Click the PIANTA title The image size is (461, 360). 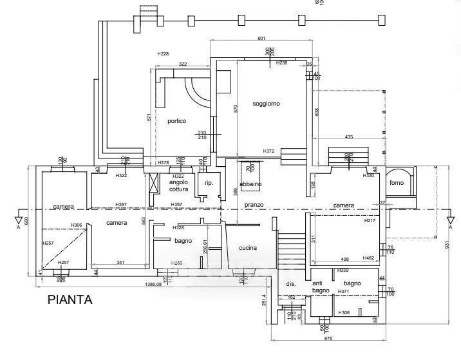pos(70,299)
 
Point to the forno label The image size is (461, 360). pos(396,183)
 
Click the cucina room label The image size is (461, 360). pos(248,248)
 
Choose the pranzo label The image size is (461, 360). pos(255,205)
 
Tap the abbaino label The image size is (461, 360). pos(250,184)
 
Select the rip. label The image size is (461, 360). pos(208,184)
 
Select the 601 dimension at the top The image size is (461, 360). pos(261,39)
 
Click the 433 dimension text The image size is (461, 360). pos(349,137)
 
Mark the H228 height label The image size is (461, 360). pos(163,53)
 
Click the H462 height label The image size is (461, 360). pos(368,258)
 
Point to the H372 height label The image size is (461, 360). pos(268,151)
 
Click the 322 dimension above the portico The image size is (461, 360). pos(182,64)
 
